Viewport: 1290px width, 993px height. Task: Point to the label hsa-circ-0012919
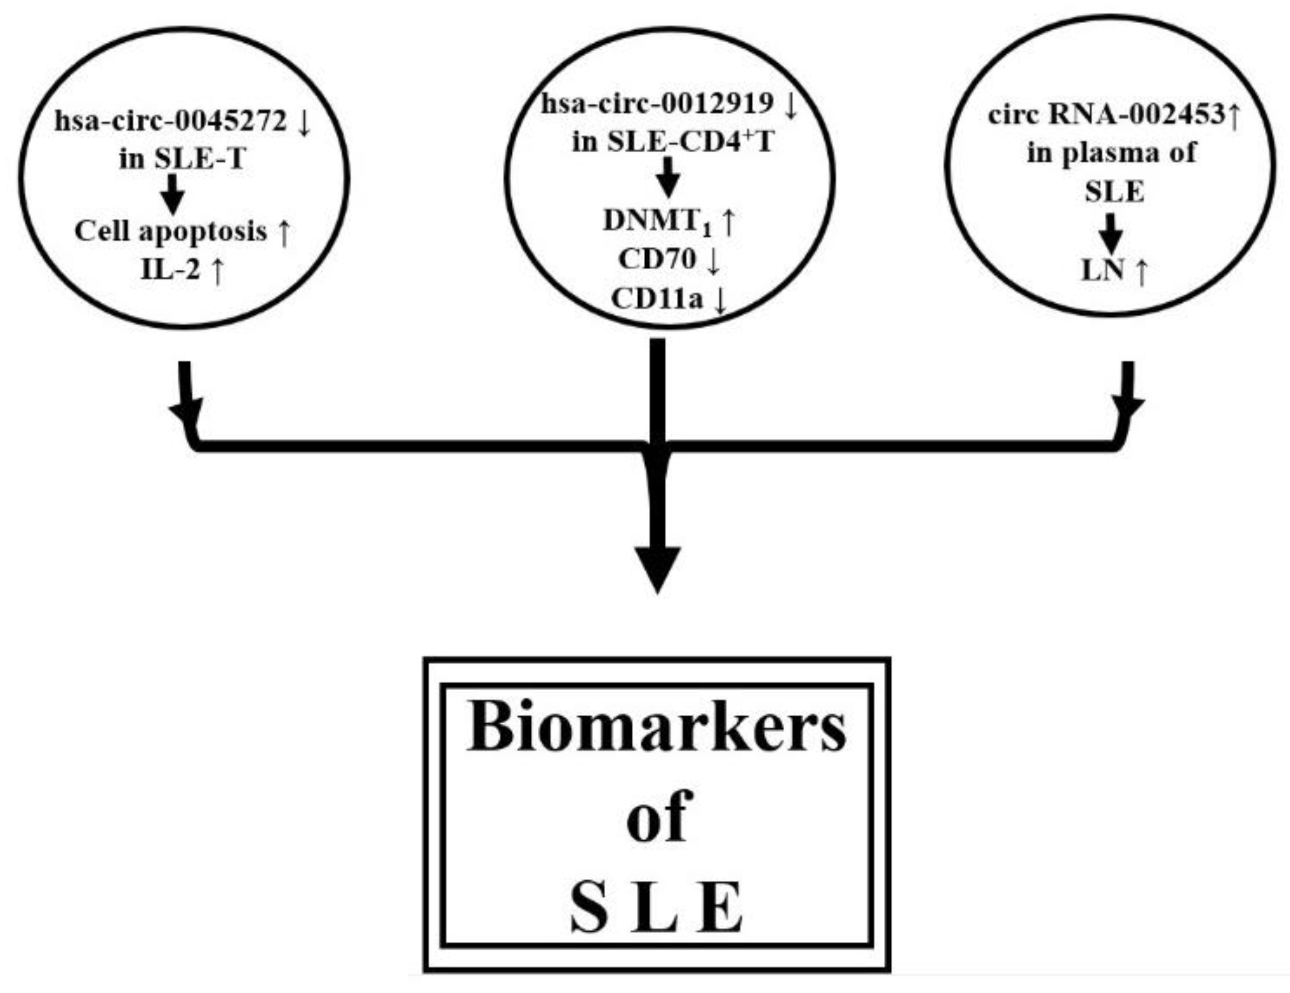coord(657,104)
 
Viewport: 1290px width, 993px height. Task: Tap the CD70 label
coord(657,259)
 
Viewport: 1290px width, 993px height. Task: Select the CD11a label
coord(657,298)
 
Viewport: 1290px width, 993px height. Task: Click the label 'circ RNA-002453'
coord(1106,115)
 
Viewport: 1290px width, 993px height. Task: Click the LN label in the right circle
coord(1102,271)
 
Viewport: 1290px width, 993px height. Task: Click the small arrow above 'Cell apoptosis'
coord(172,194)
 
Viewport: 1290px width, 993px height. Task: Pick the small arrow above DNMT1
coord(667,177)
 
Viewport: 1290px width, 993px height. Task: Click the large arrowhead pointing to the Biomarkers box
coord(657,568)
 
